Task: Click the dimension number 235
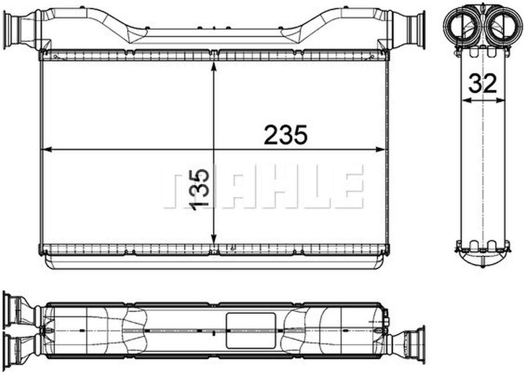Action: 285,135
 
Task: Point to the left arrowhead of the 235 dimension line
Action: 46,150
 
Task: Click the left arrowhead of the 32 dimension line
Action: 464,100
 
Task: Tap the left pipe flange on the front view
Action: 8,30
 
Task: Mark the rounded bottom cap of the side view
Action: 483,258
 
